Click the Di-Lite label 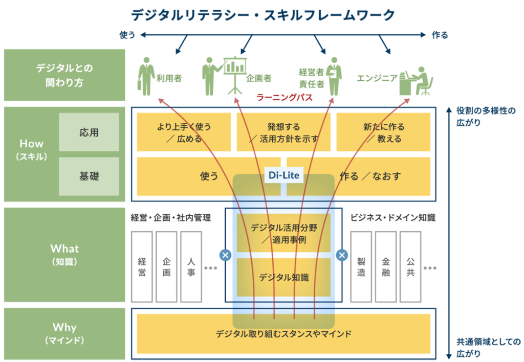point(284,176)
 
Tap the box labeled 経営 point(142,266)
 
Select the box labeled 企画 point(166,266)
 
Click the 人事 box point(191,266)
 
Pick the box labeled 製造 point(361,266)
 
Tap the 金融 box point(386,266)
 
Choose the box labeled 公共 point(410,266)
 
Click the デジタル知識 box point(283,278)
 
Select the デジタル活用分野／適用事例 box point(283,233)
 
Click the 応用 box point(89,132)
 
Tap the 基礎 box point(89,176)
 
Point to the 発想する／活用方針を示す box point(283,132)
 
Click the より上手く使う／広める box point(184,132)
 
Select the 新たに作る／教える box point(383,132)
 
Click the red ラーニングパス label point(285,98)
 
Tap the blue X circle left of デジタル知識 point(225,255)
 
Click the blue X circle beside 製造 point(342,255)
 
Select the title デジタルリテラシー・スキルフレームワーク point(263,15)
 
